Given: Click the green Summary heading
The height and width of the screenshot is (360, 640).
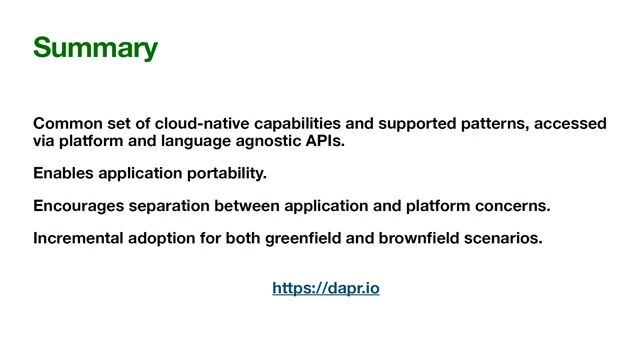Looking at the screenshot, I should coord(95,48).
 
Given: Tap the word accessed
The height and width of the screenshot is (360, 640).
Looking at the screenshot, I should coord(571,124).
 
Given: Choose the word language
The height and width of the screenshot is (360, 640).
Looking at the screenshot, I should coord(205,141).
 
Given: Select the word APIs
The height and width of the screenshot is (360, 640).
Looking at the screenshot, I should coord(328,141).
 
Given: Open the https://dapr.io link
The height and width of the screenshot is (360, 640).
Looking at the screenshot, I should coord(326,289).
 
